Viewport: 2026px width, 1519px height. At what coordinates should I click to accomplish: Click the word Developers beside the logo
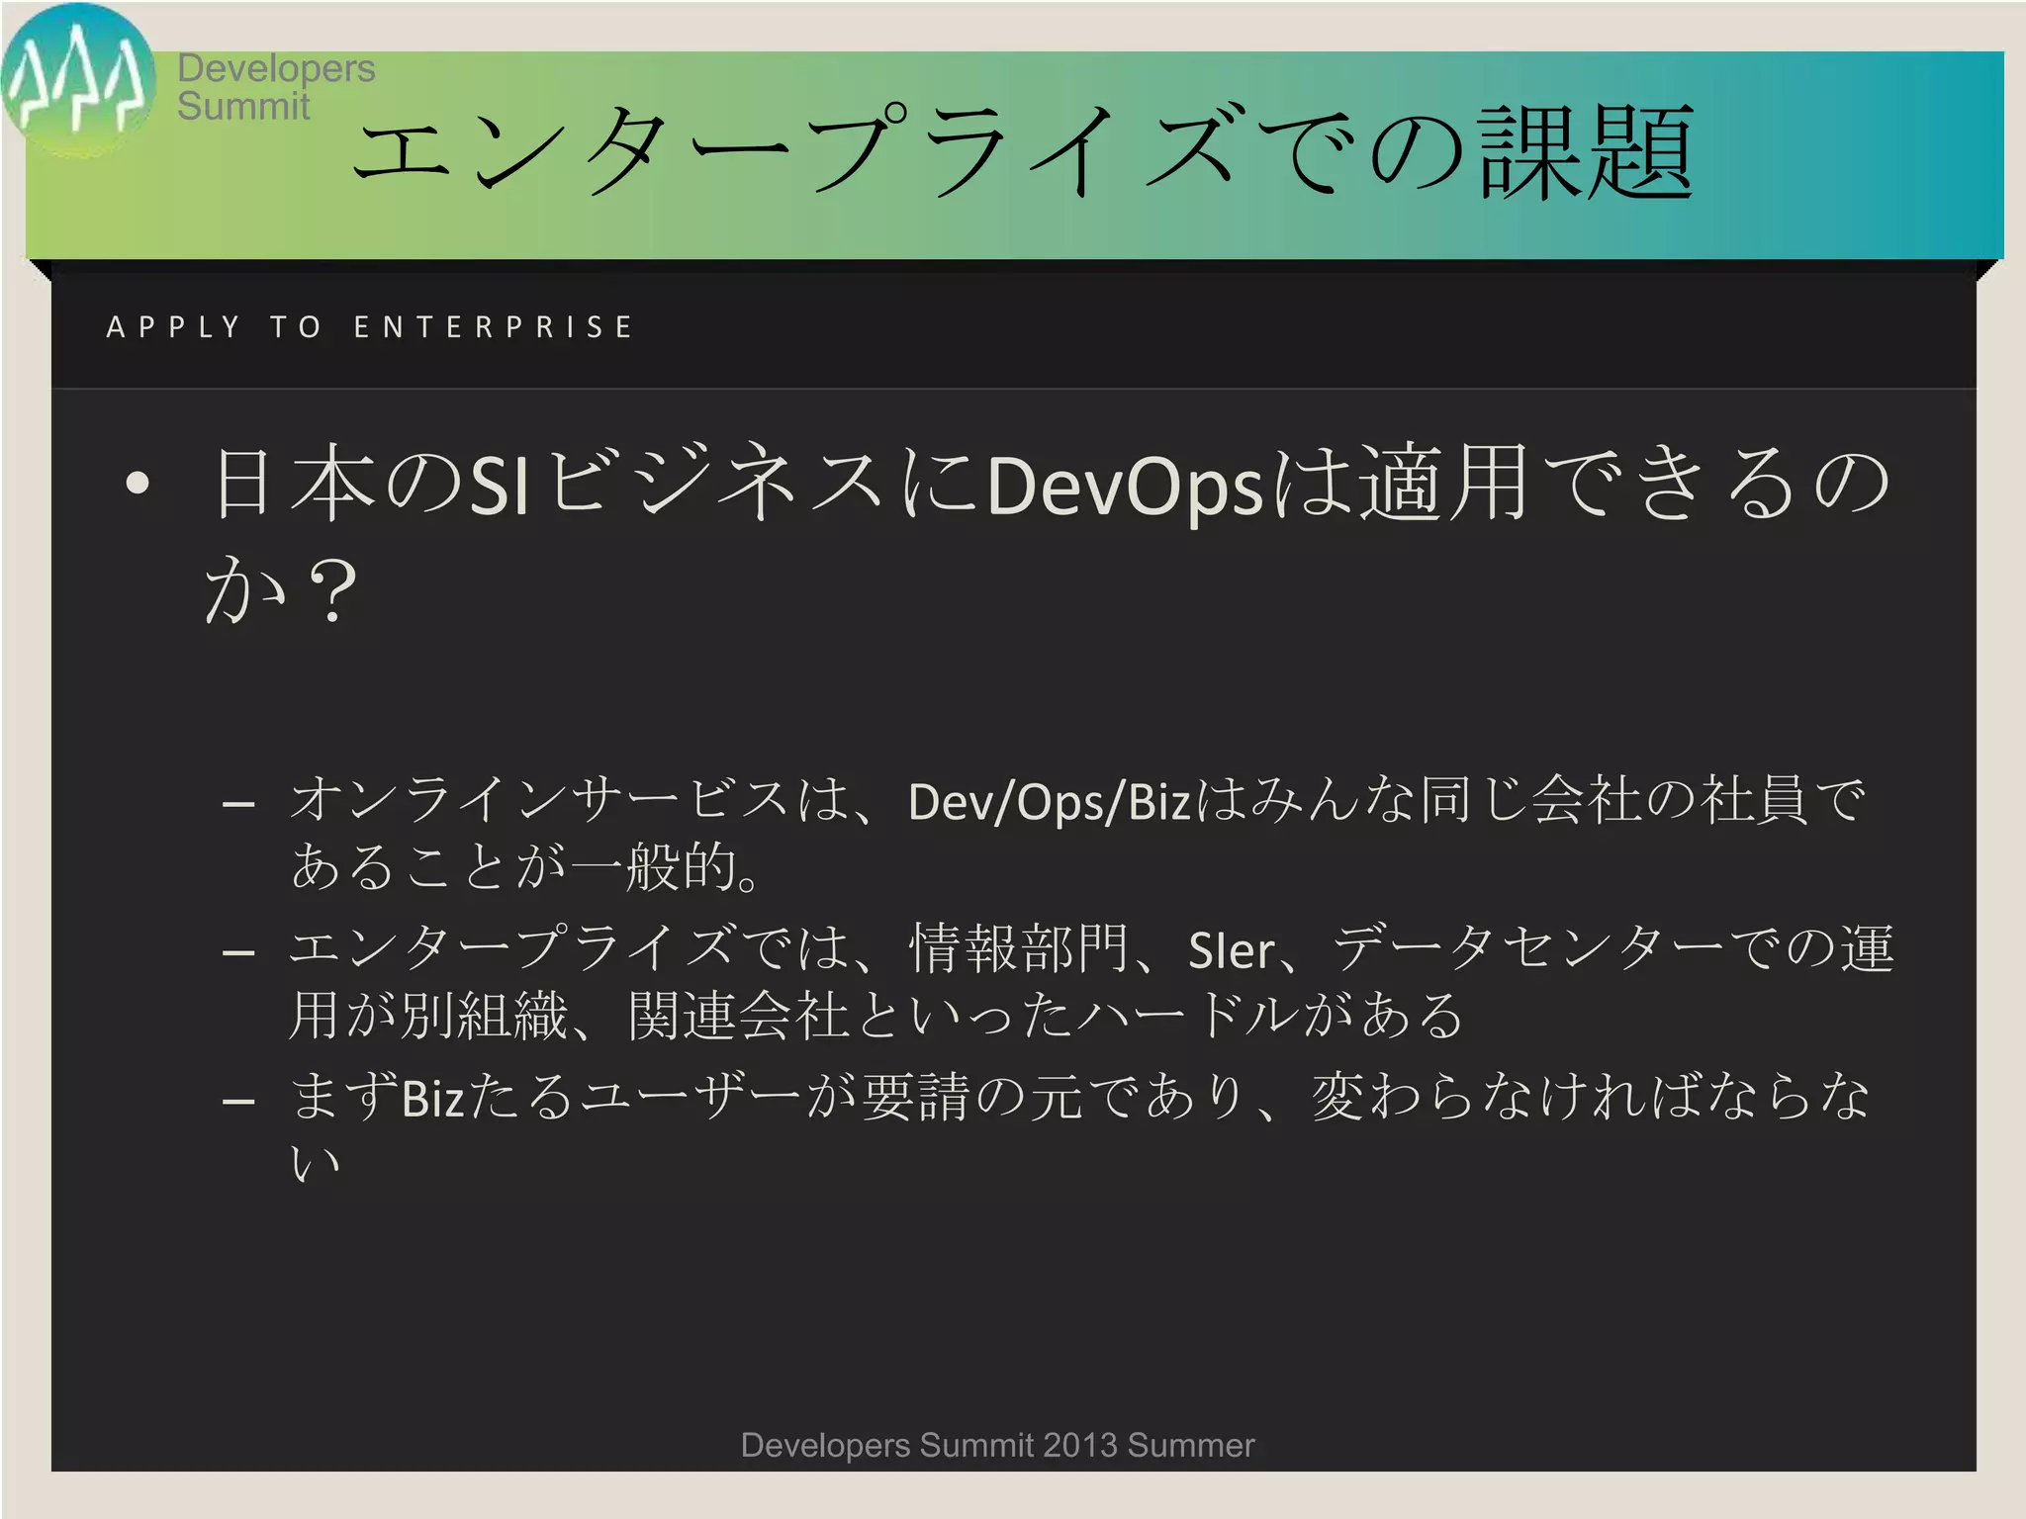point(276,68)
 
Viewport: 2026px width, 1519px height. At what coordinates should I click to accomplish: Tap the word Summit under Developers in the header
point(243,107)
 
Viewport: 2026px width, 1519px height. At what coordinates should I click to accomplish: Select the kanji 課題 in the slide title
point(1586,153)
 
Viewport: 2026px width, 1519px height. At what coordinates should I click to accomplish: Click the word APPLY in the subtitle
point(173,327)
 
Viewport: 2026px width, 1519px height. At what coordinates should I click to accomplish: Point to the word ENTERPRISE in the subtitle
point(493,327)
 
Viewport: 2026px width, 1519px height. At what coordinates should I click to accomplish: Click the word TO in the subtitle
point(296,327)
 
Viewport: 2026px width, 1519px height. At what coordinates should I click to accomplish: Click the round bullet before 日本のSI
point(138,484)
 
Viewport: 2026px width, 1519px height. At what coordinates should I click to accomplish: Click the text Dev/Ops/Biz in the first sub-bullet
point(1049,802)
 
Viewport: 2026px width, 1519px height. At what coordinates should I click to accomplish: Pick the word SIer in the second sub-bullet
point(1231,951)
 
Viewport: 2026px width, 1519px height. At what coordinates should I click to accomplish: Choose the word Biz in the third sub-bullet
point(433,1099)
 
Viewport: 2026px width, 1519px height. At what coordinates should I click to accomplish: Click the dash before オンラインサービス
point(239,804)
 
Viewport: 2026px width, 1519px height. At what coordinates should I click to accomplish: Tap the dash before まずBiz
point(239,1101)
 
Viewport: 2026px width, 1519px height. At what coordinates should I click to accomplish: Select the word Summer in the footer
point(1191,1446)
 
